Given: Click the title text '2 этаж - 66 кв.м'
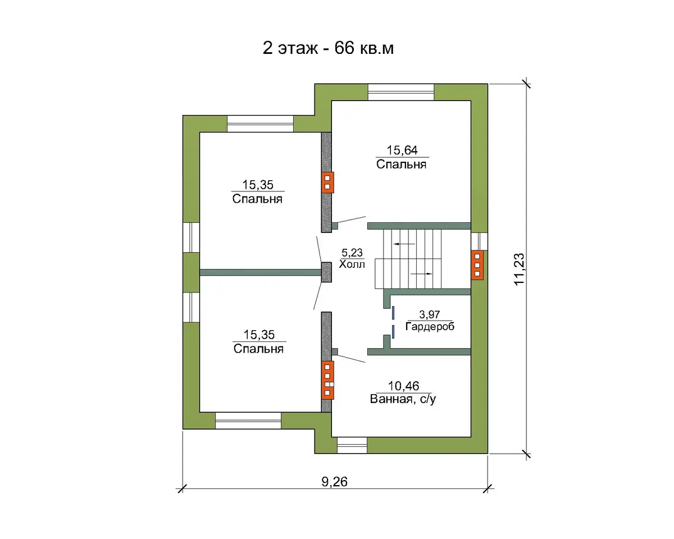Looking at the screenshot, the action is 328,48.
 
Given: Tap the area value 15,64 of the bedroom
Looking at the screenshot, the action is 402,150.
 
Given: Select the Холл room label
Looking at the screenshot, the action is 352,264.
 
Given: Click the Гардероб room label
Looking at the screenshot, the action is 430,327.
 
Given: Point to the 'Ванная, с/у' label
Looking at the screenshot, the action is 403,399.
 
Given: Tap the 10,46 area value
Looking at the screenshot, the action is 403,386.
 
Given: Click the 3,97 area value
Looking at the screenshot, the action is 430,314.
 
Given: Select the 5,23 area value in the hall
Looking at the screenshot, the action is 352,253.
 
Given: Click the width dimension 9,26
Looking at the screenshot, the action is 335,482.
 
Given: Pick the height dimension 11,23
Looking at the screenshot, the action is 519,269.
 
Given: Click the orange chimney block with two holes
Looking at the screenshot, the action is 327,182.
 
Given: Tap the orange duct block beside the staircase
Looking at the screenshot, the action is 477,265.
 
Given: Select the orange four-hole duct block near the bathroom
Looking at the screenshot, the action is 327,380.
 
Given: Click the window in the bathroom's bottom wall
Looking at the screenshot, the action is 352,445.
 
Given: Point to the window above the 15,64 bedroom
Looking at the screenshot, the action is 401,92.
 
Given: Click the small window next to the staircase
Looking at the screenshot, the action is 479,241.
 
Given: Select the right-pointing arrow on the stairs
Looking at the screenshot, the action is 421,274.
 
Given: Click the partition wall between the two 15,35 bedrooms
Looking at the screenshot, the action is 261,272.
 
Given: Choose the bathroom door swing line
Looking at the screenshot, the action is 351,359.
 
